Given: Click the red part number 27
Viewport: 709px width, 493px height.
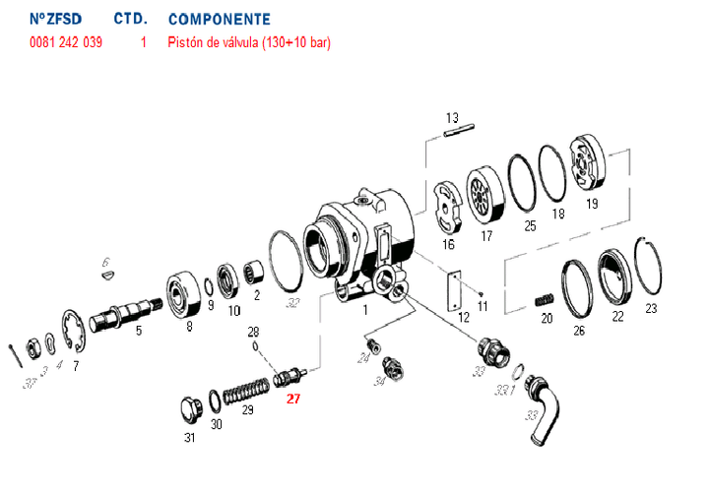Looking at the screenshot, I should [292, 399].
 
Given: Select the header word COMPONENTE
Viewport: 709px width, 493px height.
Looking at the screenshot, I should [219, 20].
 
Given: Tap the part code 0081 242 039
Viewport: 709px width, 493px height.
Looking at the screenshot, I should [66, 42].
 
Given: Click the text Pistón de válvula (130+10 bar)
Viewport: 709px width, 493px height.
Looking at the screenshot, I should [249, 42].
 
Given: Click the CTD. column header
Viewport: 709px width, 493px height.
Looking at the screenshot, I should [131, 20].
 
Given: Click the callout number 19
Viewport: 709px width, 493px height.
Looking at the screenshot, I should [591, 204].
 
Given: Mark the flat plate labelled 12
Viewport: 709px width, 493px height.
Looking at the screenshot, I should [454, 292].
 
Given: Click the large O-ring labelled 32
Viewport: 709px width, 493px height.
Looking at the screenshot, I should [286, 265].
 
